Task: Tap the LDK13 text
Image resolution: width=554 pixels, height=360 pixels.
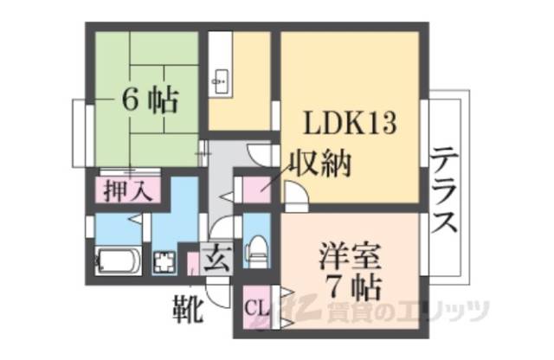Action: click(x=349, y=124)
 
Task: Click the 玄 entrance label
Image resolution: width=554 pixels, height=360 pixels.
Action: click(x=216, y=259)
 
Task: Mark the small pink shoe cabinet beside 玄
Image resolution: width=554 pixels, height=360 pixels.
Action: click(x=194, y=262)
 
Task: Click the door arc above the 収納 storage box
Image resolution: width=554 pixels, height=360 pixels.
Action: click(x=258, y=153)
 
